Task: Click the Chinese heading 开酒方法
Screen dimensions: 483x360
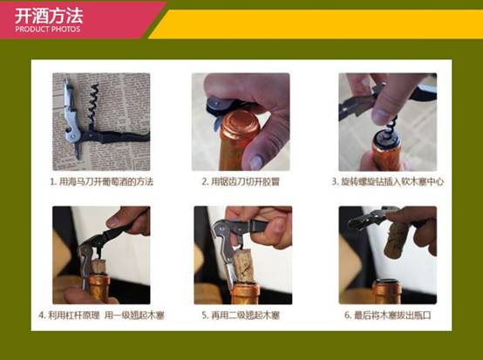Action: coord(49,16)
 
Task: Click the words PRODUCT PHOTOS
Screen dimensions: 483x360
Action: coord(47,30)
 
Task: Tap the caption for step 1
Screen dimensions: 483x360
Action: coord(101,181)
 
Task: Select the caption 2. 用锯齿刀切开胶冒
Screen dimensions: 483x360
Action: coord(241,181)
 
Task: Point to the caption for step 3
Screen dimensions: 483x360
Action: coord(387,181)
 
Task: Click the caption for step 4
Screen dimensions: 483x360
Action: coord(101,316)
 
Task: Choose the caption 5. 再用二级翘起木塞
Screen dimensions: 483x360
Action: coord(241,316)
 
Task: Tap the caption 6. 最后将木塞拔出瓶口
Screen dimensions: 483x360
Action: coord(387,316)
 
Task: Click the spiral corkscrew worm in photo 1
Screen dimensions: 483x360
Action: coord(93,103)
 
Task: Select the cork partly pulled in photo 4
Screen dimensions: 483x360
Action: coord(99,267)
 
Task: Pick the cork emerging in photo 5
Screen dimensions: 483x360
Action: coord(243,267)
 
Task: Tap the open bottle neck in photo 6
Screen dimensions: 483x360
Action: coord(387,291)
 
